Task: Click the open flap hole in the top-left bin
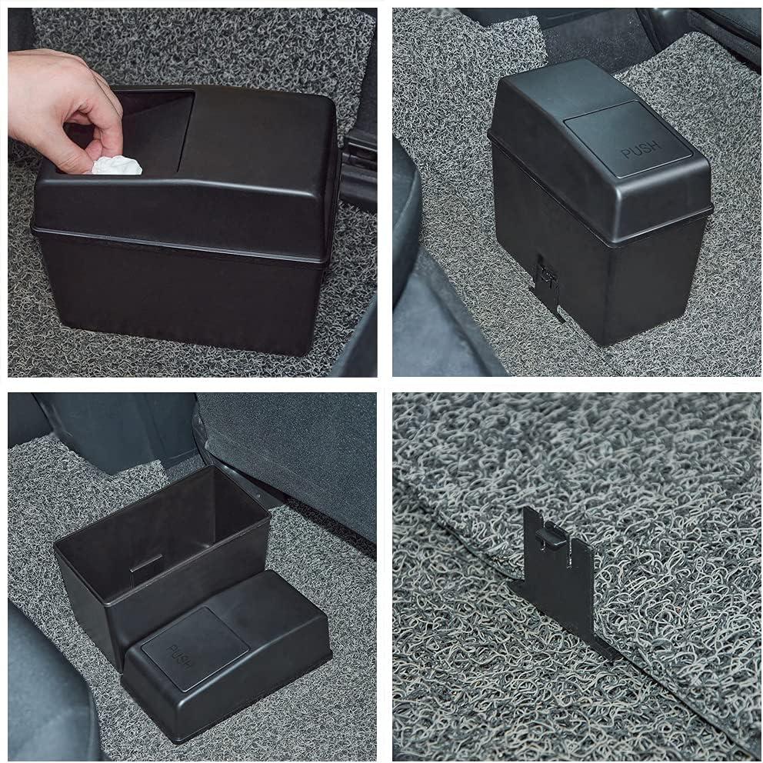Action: pos(154,123)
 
